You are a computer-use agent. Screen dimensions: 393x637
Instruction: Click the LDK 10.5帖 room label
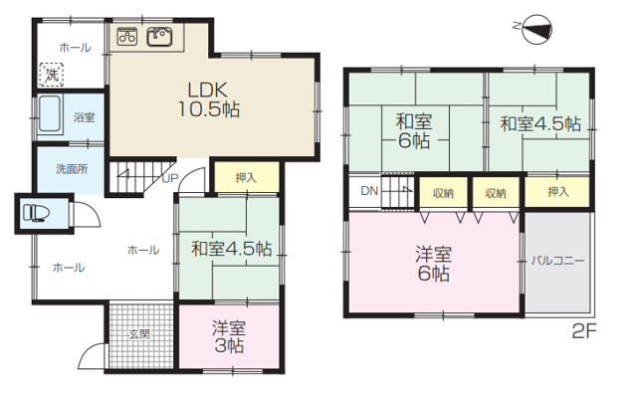tap(209, 98)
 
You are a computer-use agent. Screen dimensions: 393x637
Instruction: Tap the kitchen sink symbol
tap(159, 38)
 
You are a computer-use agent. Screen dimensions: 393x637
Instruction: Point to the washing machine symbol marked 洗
tap(50, 73)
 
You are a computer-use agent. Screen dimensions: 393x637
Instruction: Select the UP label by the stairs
tap(170, 179)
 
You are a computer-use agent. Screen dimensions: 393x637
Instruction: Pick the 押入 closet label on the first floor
tap(245, 178)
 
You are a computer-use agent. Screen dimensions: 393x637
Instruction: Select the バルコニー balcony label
tap(556, 261)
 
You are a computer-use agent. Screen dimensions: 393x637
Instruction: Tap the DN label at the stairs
tap(368, 191)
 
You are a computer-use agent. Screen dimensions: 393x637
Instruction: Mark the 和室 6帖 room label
tap(413, 130)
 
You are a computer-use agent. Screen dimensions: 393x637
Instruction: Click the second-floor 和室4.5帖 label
tap(539, 124)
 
